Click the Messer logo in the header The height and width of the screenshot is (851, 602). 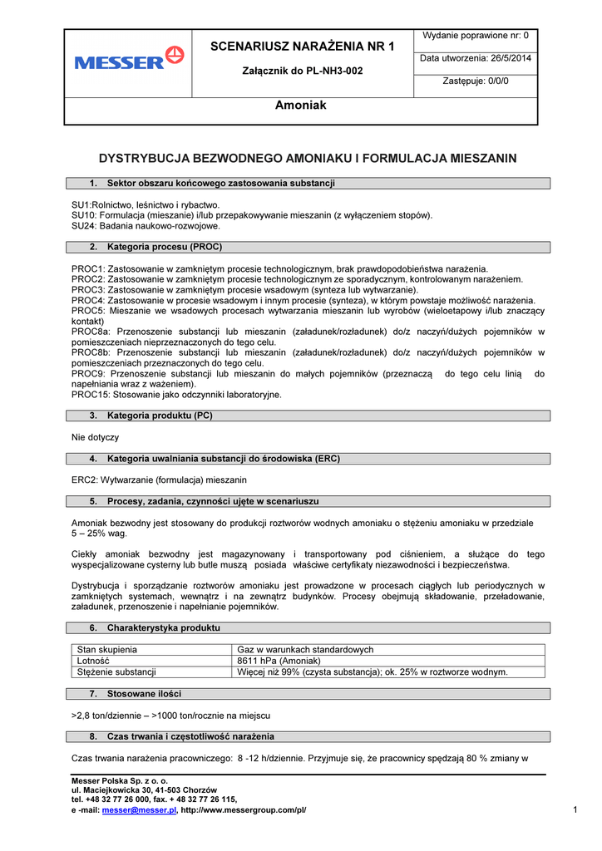click(x=128, y=59)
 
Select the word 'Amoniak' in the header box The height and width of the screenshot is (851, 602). click(x=300, y=106)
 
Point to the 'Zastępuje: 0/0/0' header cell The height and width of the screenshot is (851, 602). click(x=476, y=81)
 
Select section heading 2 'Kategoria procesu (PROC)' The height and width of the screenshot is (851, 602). click(x=165, y=247)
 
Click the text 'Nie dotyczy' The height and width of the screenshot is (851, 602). click(x=95, y=437)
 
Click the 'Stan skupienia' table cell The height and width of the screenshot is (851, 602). click(x=107, y=650)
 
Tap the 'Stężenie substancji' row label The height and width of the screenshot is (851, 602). click(x=116, y=671)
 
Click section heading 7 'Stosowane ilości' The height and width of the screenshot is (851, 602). click(x=144, y=693)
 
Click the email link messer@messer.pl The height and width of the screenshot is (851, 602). click(x=140, y=810)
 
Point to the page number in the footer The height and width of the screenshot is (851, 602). click(x=575, y=809)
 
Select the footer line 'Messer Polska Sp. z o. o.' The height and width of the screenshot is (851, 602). click(x=120, y=781)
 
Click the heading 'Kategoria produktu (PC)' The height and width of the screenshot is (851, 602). click(x=160, y=416)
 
